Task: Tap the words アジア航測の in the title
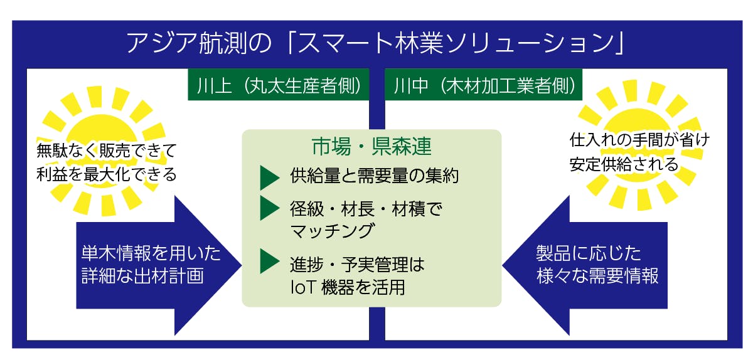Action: pos(199,43)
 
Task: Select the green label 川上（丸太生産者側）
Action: pos(279,85)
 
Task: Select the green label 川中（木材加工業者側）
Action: pos(483,85)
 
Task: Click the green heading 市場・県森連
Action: pos(371,147)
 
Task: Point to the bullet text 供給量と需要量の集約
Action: pos(374,176)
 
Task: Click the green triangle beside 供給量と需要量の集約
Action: pos(270,177)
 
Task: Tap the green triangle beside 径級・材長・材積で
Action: pos(270,208)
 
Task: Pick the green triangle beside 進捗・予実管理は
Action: pos(270,261)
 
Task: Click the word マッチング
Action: pos(332,231)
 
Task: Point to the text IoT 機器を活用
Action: pos(348,287)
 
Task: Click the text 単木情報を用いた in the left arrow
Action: pos(151,253)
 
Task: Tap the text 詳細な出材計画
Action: pos(142,276)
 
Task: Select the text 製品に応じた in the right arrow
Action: pos(589,253)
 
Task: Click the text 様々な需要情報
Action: pos(597,276)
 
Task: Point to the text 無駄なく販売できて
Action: pos(106,151)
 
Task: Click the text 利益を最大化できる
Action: pos(106,174)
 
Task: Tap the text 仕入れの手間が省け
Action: pos(639,139)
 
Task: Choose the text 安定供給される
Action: pos(624,164)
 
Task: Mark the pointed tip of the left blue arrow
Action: pos(242,265)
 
